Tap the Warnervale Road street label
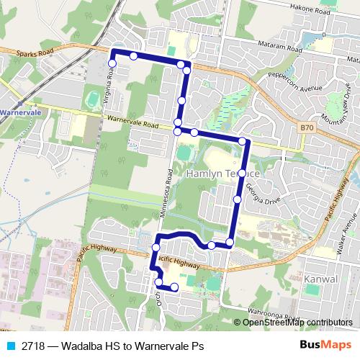(x=130, y=122)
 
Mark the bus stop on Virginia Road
(x=112, y=63)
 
